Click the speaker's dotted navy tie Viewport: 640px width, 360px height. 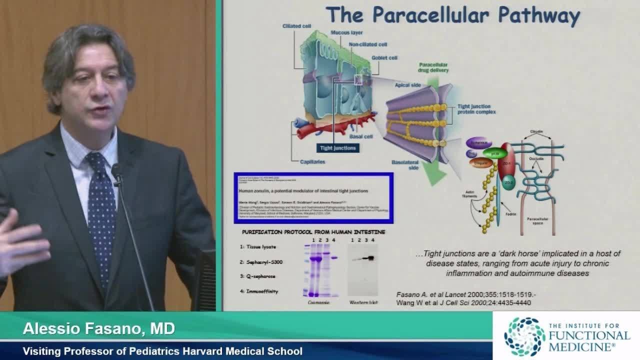tap(101, 210)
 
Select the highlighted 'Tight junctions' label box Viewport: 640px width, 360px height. tap(338, 148)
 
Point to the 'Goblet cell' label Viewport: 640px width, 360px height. tap(384, 57)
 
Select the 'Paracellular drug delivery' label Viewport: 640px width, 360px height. tap(433, 67)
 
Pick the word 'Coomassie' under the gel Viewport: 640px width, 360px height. tap(318, 303)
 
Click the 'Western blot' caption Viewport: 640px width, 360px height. tap(363, 303)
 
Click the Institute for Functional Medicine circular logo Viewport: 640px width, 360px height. tap(524, 336)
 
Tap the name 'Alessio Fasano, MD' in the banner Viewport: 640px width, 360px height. tap(99, 329)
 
